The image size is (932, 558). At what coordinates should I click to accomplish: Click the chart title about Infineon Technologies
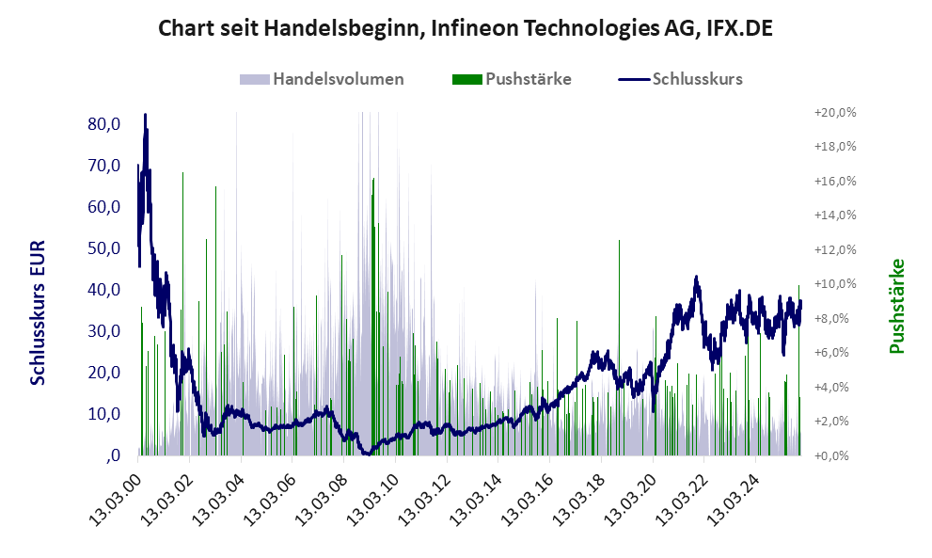point(466,27)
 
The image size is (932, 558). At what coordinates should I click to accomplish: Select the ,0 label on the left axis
point(113,455)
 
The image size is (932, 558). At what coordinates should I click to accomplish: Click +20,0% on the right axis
point(834,112)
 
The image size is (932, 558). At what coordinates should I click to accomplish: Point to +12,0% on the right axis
point(834,249)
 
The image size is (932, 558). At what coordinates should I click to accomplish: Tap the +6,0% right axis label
point(834,353)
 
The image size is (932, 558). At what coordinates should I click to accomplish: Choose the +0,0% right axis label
point(834,456)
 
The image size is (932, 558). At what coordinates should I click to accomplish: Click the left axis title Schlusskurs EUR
point(38,311)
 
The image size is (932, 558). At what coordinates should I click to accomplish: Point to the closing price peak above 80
point(145,116)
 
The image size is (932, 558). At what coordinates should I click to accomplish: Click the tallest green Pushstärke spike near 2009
point(373,181)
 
